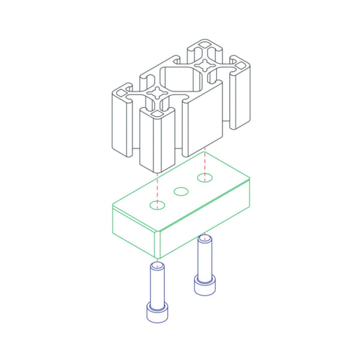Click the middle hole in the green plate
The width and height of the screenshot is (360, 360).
[181, 191]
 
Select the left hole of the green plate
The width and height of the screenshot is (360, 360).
[157, 205]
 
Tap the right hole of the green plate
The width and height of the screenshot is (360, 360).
[205, 177]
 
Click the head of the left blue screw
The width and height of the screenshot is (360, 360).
[157, 312]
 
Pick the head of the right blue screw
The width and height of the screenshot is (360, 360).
[205, 285]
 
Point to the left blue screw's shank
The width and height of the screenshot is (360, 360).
[157, 285]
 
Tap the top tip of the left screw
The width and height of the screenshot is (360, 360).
[157, 264]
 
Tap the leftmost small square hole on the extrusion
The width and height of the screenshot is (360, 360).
[122, 93]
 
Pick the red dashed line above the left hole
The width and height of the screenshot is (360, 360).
[157, 186]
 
